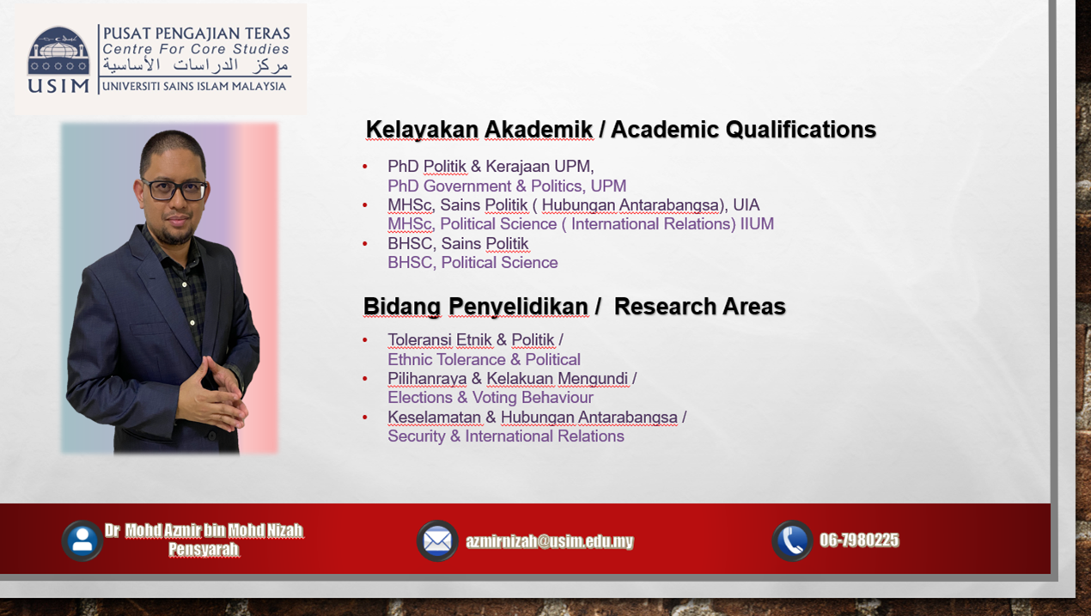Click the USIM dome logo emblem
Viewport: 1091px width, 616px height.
[58, 51]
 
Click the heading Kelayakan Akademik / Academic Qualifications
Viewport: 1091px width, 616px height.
[620, 130]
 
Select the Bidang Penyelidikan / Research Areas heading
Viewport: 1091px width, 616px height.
[574, 307]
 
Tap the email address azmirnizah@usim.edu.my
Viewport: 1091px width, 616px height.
[549, 541]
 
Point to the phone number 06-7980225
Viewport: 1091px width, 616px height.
[859, 540]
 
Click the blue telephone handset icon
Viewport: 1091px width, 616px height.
[792, 540]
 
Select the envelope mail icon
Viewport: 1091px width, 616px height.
[437, 541]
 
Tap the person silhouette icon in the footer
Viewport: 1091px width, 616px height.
[82, 540]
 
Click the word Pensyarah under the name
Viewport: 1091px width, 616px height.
[204, 549]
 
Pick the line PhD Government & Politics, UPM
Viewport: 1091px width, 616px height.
[506, 186]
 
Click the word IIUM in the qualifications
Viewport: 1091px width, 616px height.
[757, 224]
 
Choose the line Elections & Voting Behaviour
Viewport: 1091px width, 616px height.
[490, 398]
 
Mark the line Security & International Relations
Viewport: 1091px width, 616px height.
[505, 436]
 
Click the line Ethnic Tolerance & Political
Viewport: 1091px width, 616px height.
[484, 360]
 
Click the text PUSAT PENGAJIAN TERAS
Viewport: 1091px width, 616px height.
[197, 34]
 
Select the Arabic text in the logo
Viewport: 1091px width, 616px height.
[196, 66]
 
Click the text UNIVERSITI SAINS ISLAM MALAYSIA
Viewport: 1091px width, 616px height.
[194, 86]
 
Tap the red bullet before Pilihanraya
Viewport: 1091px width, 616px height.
[365, 379]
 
